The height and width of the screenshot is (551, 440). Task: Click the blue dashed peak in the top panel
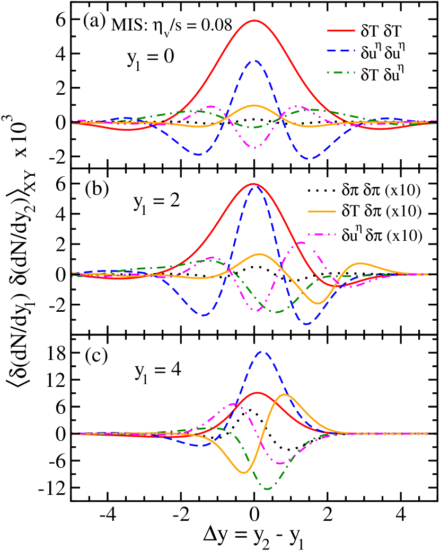point(256,60)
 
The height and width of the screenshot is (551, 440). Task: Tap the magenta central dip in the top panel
point(255,148)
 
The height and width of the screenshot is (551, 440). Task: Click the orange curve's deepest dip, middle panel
point(318,303)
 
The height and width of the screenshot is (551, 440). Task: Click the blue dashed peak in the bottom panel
point(262,351)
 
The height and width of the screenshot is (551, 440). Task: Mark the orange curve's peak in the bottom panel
point(285,394)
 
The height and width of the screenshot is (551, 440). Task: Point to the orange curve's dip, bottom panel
point(243,473)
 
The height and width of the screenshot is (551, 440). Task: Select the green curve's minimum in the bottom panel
point(267,489)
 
